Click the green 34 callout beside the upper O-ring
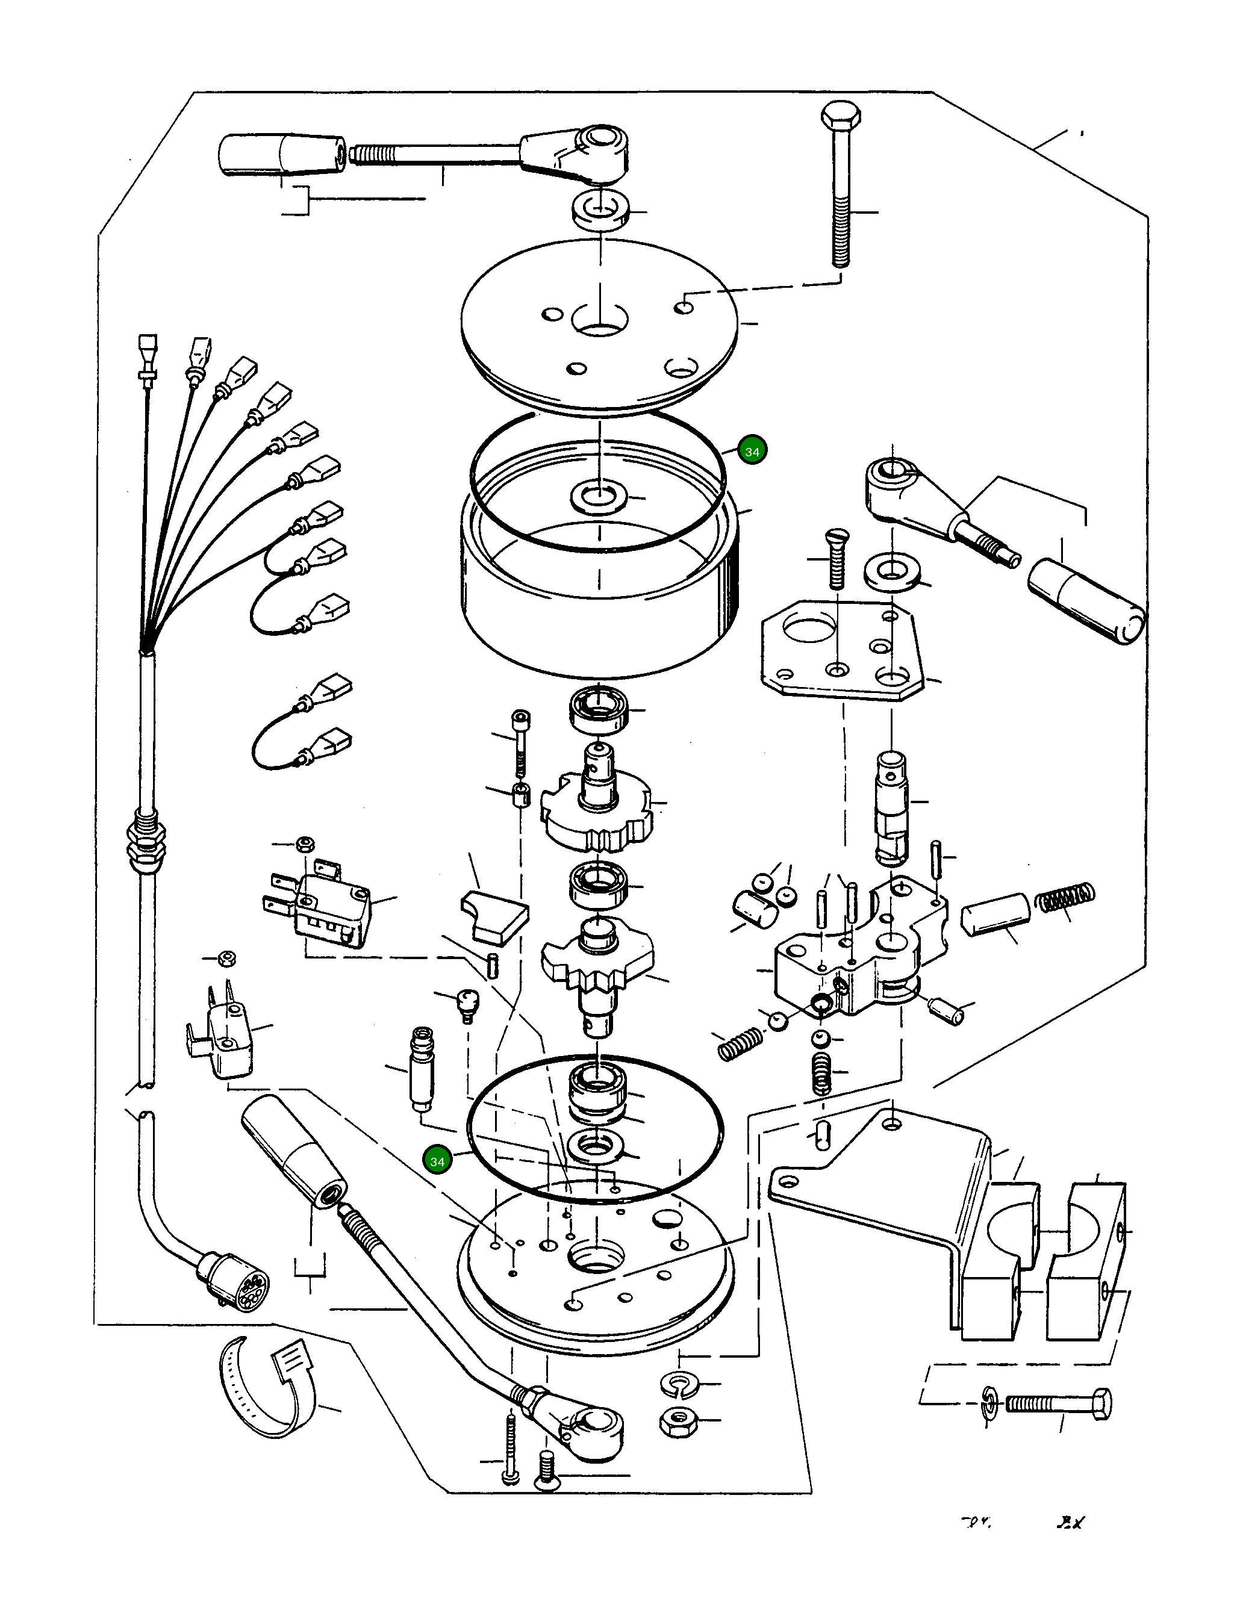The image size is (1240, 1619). [x=752, y=452]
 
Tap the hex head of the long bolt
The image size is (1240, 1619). [x=841, y=117]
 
